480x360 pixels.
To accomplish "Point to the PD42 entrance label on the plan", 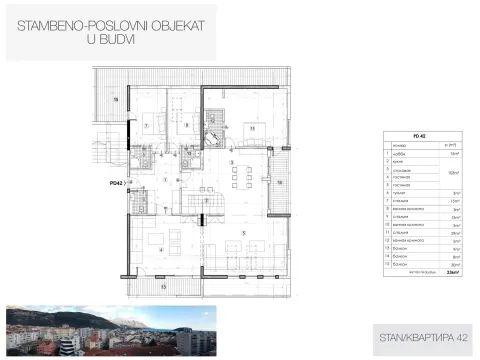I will click(116, 183).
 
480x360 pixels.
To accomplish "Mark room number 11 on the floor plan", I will click(252, 127).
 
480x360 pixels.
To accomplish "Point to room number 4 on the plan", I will click(160, 250).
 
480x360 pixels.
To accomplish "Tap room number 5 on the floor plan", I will click(244, 231).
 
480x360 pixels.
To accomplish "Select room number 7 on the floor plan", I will click(146, 125).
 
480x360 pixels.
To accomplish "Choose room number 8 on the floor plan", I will click(187, 125).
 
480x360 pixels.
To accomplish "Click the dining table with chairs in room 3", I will click(240, 177).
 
